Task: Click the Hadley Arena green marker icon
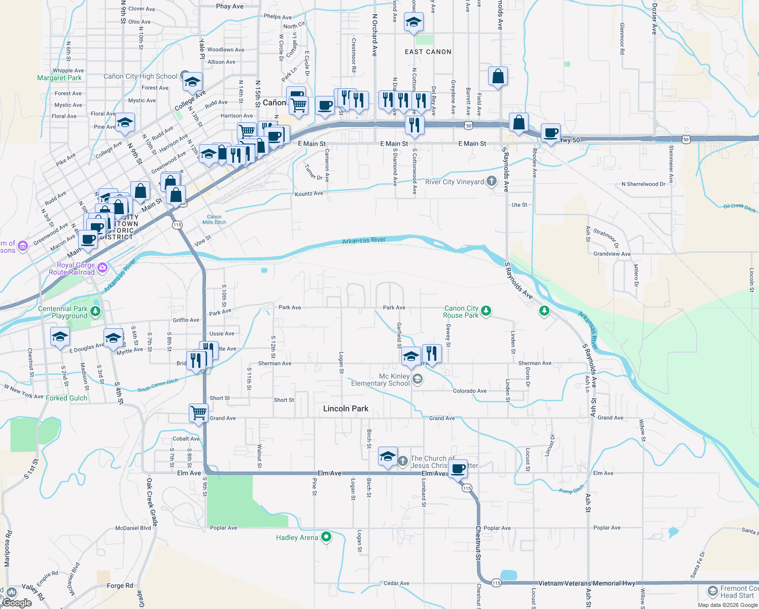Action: (326, 536)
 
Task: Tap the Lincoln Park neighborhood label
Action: (346, 409)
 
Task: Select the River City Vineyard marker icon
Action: (491, 181)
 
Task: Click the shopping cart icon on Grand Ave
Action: (198, 412)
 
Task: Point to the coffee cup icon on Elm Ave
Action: (458, 468)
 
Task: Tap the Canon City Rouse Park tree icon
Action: (486, 311)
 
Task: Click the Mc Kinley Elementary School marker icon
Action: (417, 379)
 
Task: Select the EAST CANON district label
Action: (428, 52)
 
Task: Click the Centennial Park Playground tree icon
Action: (95, 312)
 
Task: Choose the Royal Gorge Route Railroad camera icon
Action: (102, 267)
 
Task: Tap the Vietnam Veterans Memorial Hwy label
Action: (586, 584)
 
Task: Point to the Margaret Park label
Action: (59, 78)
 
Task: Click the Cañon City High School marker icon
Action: (185, 76)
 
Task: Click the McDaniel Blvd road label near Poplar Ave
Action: (133, 528)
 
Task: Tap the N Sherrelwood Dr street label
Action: (643, 184)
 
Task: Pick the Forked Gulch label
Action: (66, 398)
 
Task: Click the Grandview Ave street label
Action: (612, 254)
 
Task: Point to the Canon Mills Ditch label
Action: (214, 219)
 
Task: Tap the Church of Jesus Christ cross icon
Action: (402, 461)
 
